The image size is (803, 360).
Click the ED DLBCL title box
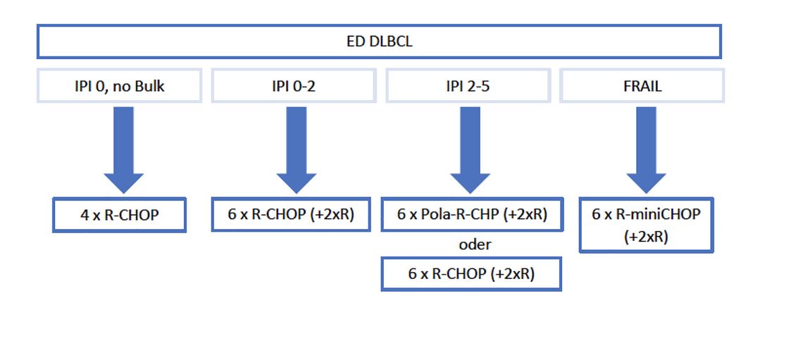coord(379,42)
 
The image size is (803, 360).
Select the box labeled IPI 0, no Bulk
coord(119,85)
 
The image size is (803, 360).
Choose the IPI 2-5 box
coord(468,85)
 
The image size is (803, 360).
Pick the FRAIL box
coord(642,85)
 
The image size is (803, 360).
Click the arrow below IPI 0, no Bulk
coord(123,149)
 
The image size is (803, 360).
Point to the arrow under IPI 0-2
coord(297,149)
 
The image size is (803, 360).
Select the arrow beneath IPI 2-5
coord(471,149)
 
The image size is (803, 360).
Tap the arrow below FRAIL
coord(645,149)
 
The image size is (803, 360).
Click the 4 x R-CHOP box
coord(119,215)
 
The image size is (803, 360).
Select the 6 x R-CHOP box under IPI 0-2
coord(292,214)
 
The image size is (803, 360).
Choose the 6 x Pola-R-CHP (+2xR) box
coord(472,214)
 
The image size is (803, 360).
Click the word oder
coord(473,244)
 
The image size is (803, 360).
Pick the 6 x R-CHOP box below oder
coord(471,274)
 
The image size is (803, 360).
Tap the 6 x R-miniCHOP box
coord(646,225)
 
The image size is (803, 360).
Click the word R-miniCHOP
coord(658,214)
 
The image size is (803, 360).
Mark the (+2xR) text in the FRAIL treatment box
coord(646,237)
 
